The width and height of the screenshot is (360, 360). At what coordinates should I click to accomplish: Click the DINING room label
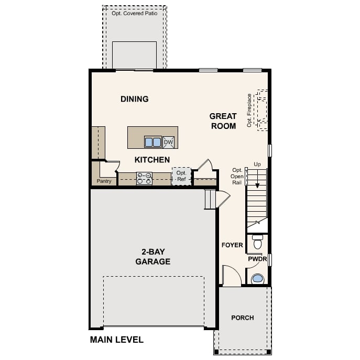(135, 99)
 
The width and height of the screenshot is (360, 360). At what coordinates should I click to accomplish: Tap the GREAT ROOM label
(223, 121)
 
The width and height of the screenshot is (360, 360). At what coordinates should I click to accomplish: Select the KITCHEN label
(152, 159)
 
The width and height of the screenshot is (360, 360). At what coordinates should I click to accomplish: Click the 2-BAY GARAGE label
(152, 257)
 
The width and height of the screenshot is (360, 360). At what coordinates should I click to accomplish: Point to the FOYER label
(232, 245)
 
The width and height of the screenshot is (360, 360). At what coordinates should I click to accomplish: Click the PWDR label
(257, 259)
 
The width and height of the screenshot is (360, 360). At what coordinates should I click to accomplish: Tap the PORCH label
(243, 318)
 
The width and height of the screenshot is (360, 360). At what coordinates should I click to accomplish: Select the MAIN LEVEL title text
(117, 340)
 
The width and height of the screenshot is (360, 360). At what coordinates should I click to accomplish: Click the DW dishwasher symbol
(168, 142)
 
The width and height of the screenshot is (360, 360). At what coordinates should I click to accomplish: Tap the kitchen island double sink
(153, 142)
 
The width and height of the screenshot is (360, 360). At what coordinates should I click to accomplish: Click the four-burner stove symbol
(144, 179)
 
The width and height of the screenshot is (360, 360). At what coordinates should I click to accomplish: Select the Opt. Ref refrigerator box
(181, 176)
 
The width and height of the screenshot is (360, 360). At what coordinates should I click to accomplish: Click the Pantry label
(104, 181)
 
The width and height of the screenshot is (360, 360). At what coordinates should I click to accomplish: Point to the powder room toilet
(257, 243)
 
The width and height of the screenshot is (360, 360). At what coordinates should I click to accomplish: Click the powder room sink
(257, 278)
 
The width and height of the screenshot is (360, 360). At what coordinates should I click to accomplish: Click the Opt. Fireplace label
(250, 107)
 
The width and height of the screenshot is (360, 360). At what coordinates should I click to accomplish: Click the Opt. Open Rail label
(238, 177)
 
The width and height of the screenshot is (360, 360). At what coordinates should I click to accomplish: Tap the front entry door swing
(231, 276)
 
